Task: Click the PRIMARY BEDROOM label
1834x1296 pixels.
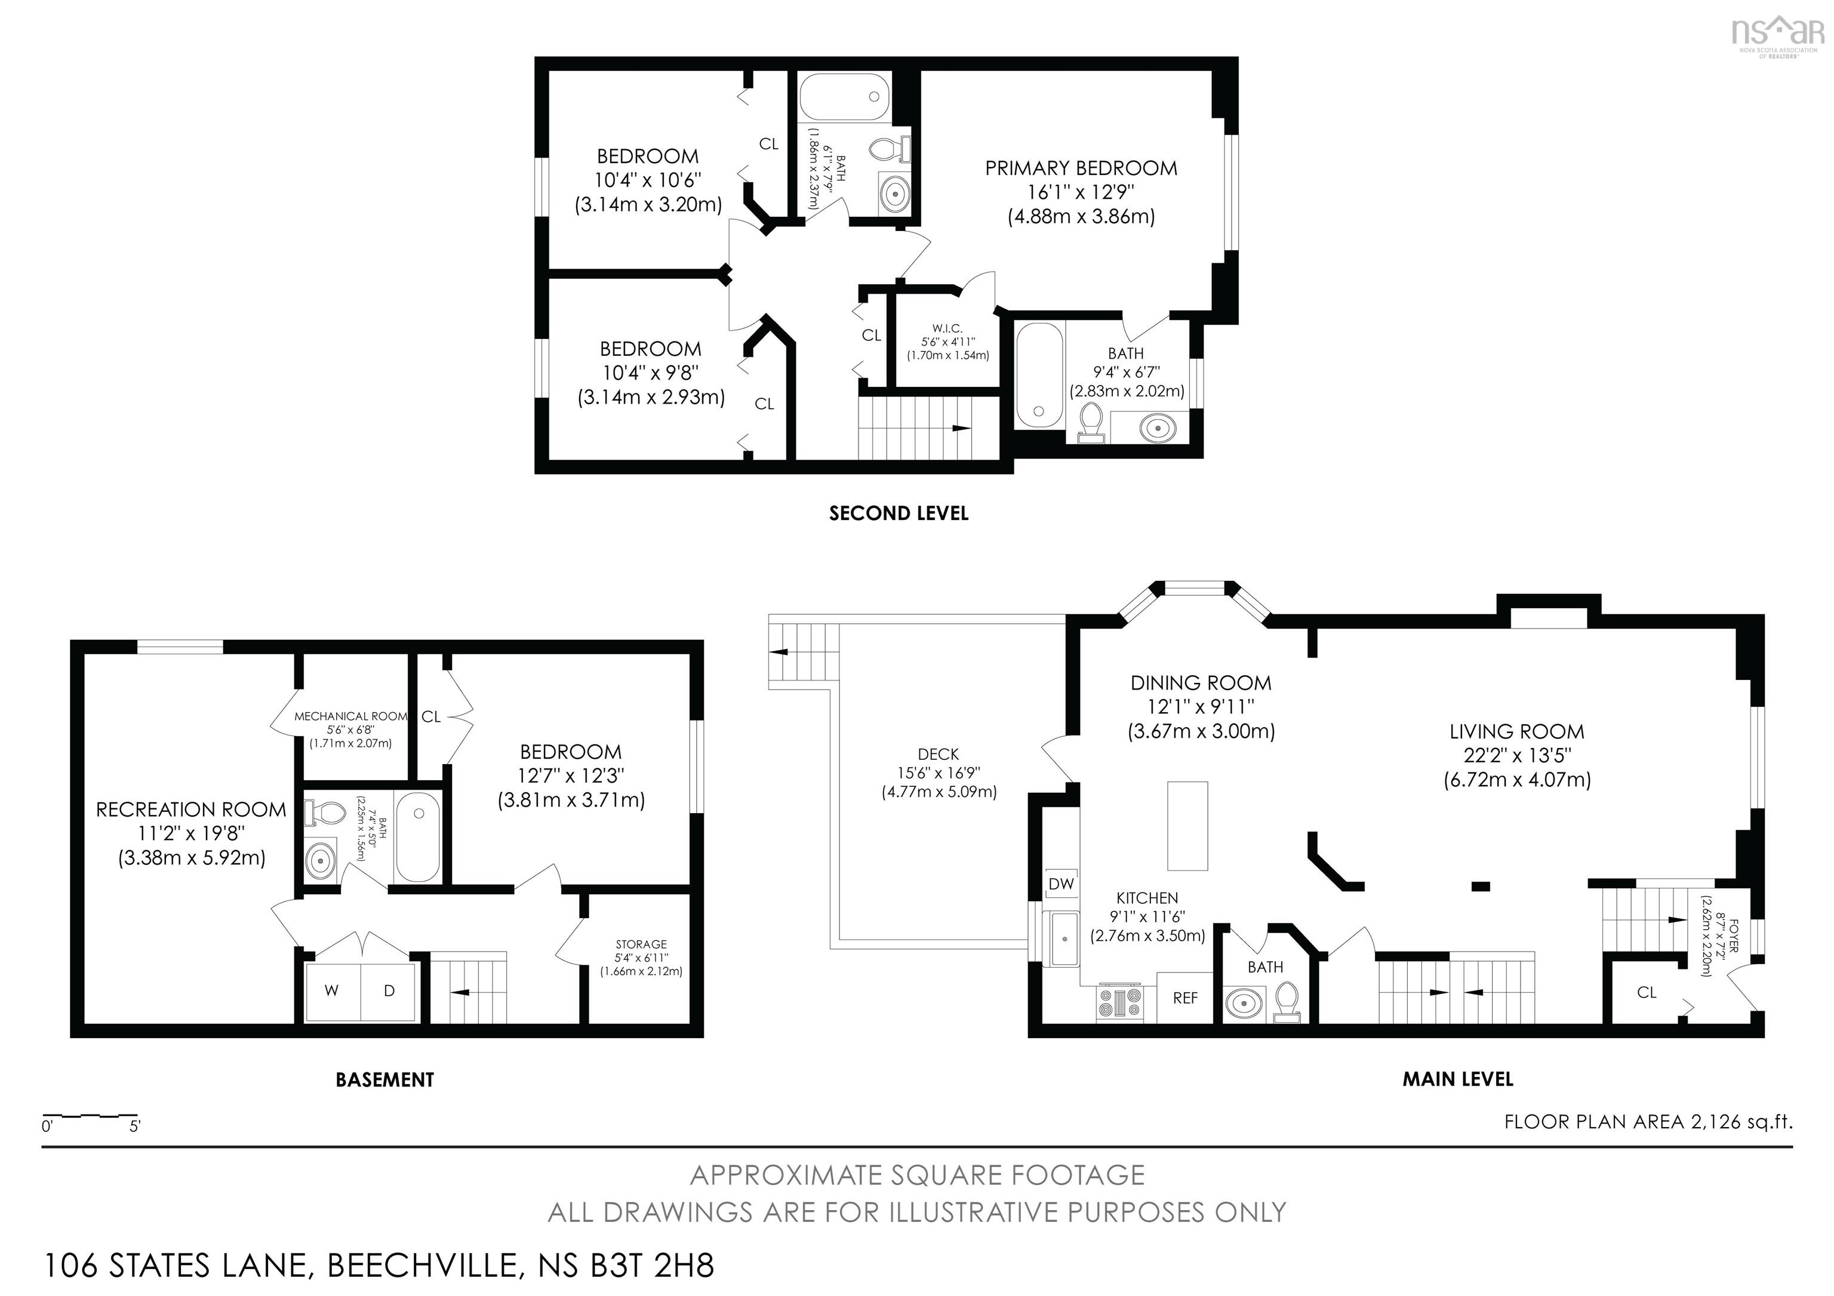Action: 1080,168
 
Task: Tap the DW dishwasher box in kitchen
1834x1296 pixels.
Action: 1061,884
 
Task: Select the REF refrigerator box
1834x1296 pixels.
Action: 1184,998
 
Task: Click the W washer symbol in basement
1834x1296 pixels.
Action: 331,991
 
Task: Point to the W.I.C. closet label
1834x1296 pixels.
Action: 947,329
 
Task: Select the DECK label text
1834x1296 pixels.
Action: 938,754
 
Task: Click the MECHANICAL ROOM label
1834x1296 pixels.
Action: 350,716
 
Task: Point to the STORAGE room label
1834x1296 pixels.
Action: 641,944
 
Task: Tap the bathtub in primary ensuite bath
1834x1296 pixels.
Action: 1038,375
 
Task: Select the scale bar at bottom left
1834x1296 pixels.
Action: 90,1115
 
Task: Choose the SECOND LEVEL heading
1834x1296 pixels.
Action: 898,513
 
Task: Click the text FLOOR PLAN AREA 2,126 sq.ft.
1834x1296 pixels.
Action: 1648,1122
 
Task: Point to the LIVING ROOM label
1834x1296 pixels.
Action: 1516,731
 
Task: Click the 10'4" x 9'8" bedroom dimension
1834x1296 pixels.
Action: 650,373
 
